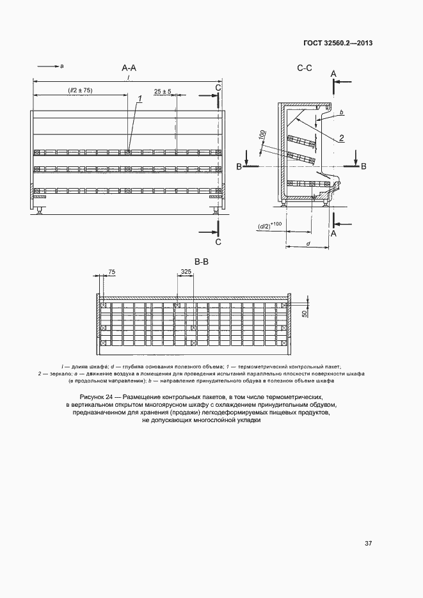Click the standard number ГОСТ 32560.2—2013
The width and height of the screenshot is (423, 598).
pos(337,43)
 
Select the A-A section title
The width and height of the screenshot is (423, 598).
pos(129,67)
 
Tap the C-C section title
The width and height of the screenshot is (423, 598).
pos(305,67)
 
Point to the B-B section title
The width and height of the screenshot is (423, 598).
pos(202,261)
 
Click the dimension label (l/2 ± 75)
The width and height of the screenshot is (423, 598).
pos(81,91)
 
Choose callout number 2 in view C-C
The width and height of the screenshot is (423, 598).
pos(342,138)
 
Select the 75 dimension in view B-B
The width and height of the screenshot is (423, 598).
pos(112,272)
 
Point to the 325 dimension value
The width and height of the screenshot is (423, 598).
pos(186,272)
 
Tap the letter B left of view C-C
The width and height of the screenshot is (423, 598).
pos(239,166)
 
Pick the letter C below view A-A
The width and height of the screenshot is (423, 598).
pos(218,242)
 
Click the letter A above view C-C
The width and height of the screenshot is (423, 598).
pos(333,74)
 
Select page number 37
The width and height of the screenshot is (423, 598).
pos(368,543)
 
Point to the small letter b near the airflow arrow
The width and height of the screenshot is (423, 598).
pos(342,113)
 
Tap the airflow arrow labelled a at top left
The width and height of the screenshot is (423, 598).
pos(49,65)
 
